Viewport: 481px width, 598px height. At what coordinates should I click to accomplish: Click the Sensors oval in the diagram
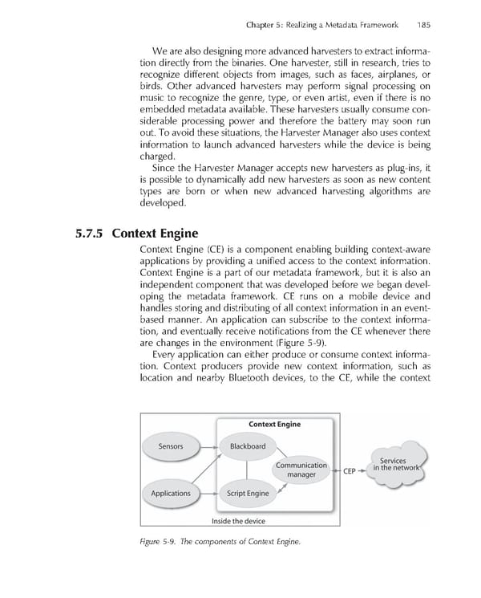(x=170, y=446)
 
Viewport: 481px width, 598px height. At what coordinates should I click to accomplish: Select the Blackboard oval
(x=248, y=446)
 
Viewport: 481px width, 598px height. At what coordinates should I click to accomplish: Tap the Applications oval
(x=171, y=493)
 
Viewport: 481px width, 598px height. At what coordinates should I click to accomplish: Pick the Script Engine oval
(x=248, y=493)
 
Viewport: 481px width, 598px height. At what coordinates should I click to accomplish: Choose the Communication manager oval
(x=301, y=470)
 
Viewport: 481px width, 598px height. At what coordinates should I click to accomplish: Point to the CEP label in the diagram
(x=349, y=471)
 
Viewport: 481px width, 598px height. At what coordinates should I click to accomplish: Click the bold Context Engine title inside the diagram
(x=274, y=424)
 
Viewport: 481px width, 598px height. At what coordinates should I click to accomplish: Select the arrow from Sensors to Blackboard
(x=208, y=446)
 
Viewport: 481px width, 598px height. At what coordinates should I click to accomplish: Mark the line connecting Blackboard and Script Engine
(x=248, y=470)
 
